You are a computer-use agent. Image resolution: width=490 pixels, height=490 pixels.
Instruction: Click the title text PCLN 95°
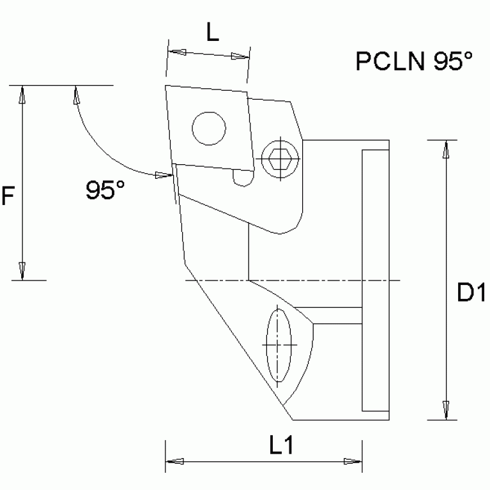414,61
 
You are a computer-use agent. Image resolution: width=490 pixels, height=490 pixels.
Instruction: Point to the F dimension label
7,196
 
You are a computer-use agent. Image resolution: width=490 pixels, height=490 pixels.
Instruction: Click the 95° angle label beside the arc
105,190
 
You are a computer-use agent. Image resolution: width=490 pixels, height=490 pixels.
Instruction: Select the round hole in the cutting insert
208,128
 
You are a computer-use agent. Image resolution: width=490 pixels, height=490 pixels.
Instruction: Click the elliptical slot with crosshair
279,344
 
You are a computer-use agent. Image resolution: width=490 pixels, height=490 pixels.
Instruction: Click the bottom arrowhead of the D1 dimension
445,411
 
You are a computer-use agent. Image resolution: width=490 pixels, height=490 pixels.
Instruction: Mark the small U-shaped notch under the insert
242,179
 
